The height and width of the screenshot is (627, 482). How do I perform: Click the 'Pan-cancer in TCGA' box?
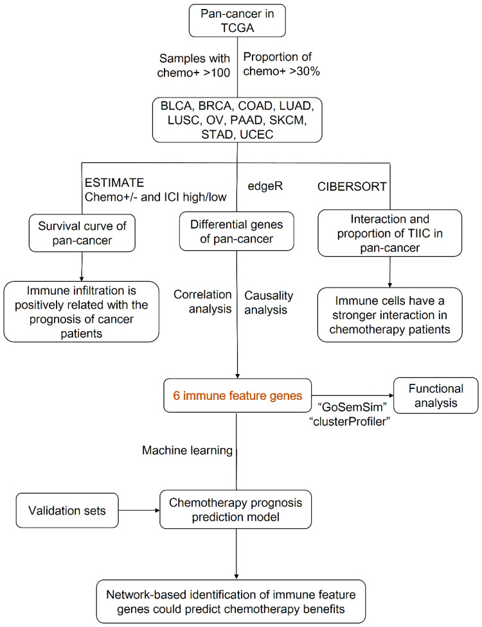pos(237,21)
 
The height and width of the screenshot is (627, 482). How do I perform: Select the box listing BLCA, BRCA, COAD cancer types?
pos(237,120)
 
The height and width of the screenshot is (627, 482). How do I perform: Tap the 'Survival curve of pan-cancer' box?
pos(82,233)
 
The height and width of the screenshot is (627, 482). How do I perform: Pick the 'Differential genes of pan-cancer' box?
pos(237,232)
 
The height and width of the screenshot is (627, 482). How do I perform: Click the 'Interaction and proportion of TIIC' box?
pos(390,233)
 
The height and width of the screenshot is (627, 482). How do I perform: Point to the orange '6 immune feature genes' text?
pos(237,395)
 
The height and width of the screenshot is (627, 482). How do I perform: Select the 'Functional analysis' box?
pos(436,395)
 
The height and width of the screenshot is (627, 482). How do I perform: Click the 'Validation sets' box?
pos(67,511)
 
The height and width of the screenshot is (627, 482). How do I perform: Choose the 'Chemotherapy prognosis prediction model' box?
pos(235,510)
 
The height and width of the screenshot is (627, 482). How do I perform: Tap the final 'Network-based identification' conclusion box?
pos(231,602)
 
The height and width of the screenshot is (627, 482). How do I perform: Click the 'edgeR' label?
pos(265,186)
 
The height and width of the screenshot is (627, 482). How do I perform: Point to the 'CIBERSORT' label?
pos(352,186)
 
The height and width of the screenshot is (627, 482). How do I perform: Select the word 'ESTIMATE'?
pos(114,183)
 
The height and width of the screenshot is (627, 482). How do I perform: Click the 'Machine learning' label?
pos(188,451)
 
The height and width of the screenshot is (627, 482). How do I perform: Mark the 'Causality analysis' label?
pos(269,303)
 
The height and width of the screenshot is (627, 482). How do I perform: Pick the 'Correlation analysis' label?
pos(202,302)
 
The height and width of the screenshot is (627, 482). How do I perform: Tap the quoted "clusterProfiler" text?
pos(350,422)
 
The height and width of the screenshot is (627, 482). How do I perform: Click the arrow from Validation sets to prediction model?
pos(139,510)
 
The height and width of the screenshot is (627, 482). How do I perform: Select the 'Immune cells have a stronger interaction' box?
pos(390,314)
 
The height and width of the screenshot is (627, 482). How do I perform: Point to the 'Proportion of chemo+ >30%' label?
pos(281,64)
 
